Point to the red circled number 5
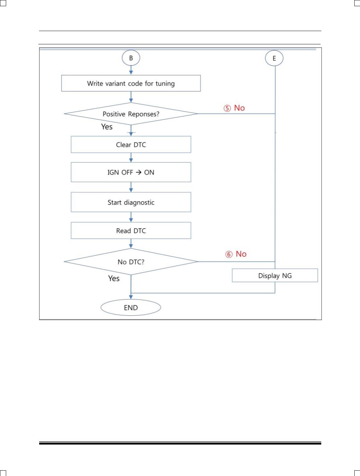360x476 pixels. point(227,108)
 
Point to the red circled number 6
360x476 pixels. point(229,254)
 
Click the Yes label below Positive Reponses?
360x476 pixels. point(107,127)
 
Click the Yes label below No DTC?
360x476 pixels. point(114,278)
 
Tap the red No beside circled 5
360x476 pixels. point(239,108)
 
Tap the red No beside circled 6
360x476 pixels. point(241,254)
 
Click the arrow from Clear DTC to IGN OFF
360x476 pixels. point(131,158)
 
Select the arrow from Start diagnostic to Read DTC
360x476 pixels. point(131,217)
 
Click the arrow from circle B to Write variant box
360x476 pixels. point(131,70)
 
